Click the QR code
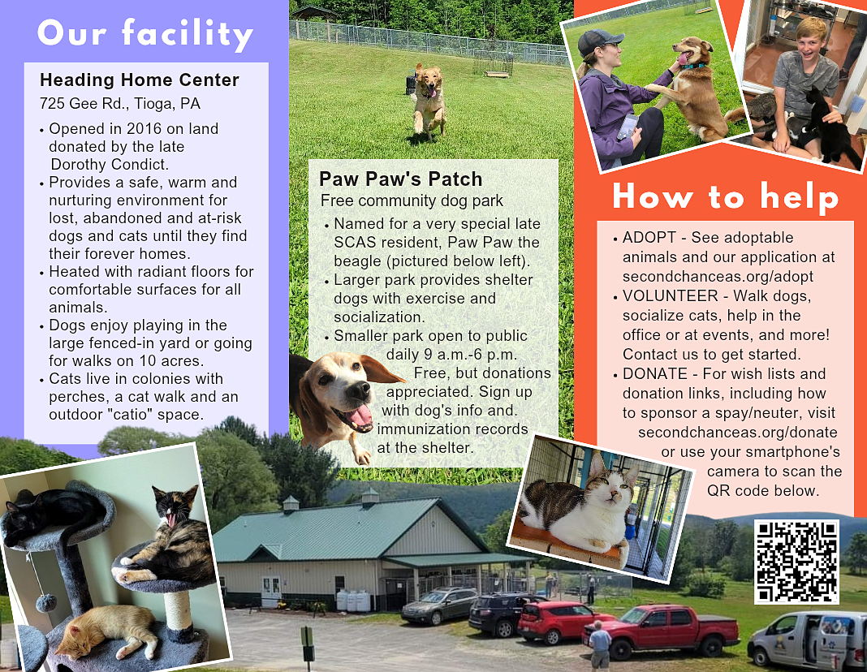click(x=796, y=562)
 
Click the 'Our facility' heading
click(x=144, y=33)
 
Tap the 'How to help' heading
click(x=726, y=196)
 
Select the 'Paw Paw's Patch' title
click(x=400, y=179)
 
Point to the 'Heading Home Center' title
click(x=140, y=80)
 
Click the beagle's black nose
click(x=360, y=391)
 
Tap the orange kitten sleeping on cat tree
click(x=109, y=630)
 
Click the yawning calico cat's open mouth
click(x=173, y=519)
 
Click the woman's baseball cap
click(x=598, y=41)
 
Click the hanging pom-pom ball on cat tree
click(x=46, y=602)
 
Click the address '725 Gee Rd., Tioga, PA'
click(x=120, y=104)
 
